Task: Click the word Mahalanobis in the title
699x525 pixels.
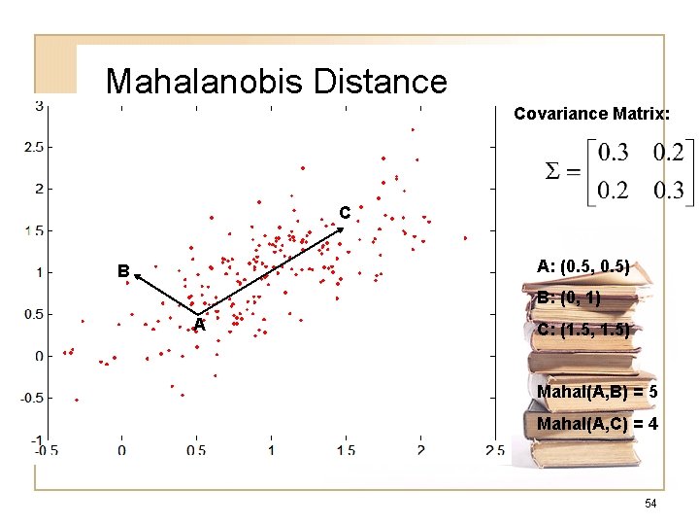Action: pos(205,81)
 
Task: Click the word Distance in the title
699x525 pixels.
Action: pos(381,81)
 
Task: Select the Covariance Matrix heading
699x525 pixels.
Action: pos(590,114)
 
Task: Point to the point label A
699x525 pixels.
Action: pos(198,326)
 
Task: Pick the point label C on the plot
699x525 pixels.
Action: pos(344,213)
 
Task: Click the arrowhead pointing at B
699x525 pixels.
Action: pos(137,276)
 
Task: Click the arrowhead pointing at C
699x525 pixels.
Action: pos(342,228)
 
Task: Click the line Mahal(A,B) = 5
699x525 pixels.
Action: pos(597,392)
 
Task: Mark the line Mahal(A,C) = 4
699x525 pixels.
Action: pos(597,425)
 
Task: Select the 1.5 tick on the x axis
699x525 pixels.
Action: pos(346,450)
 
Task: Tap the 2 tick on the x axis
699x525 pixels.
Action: pos(420,450)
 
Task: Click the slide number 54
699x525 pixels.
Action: pos(651,503)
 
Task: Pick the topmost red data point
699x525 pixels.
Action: pos(413,129)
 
